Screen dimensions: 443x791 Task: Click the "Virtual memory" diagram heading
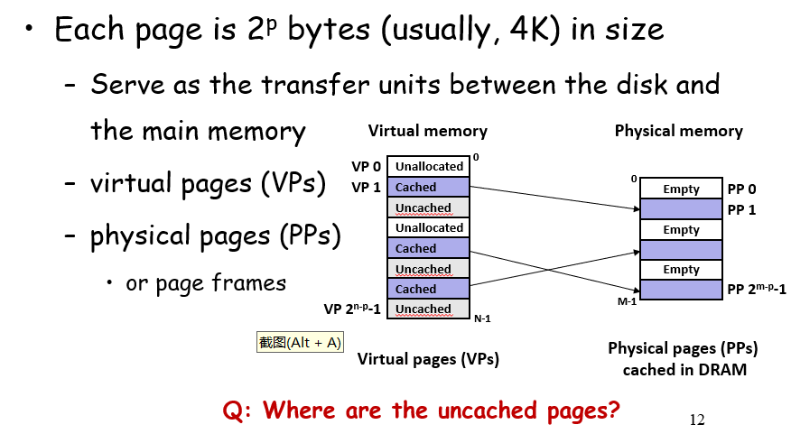427,131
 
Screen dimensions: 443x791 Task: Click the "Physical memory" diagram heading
678,131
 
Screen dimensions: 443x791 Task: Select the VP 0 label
368,167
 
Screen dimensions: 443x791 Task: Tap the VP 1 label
368,187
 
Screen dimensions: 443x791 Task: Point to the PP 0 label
741,189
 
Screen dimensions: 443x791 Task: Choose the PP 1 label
741,209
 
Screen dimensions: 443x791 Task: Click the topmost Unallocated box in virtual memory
429,167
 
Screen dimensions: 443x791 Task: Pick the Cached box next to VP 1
429,188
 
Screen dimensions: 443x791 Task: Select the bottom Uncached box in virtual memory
429,309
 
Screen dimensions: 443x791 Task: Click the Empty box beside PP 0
681,189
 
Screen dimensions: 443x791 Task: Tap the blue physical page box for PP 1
681,209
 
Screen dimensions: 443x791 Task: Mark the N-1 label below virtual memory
482,318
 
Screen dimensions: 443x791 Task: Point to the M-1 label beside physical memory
627,301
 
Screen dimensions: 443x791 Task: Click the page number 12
696,420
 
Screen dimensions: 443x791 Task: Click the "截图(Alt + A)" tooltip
300,342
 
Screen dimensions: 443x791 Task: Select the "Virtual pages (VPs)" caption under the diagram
428,359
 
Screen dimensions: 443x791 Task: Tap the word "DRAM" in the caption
722,369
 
